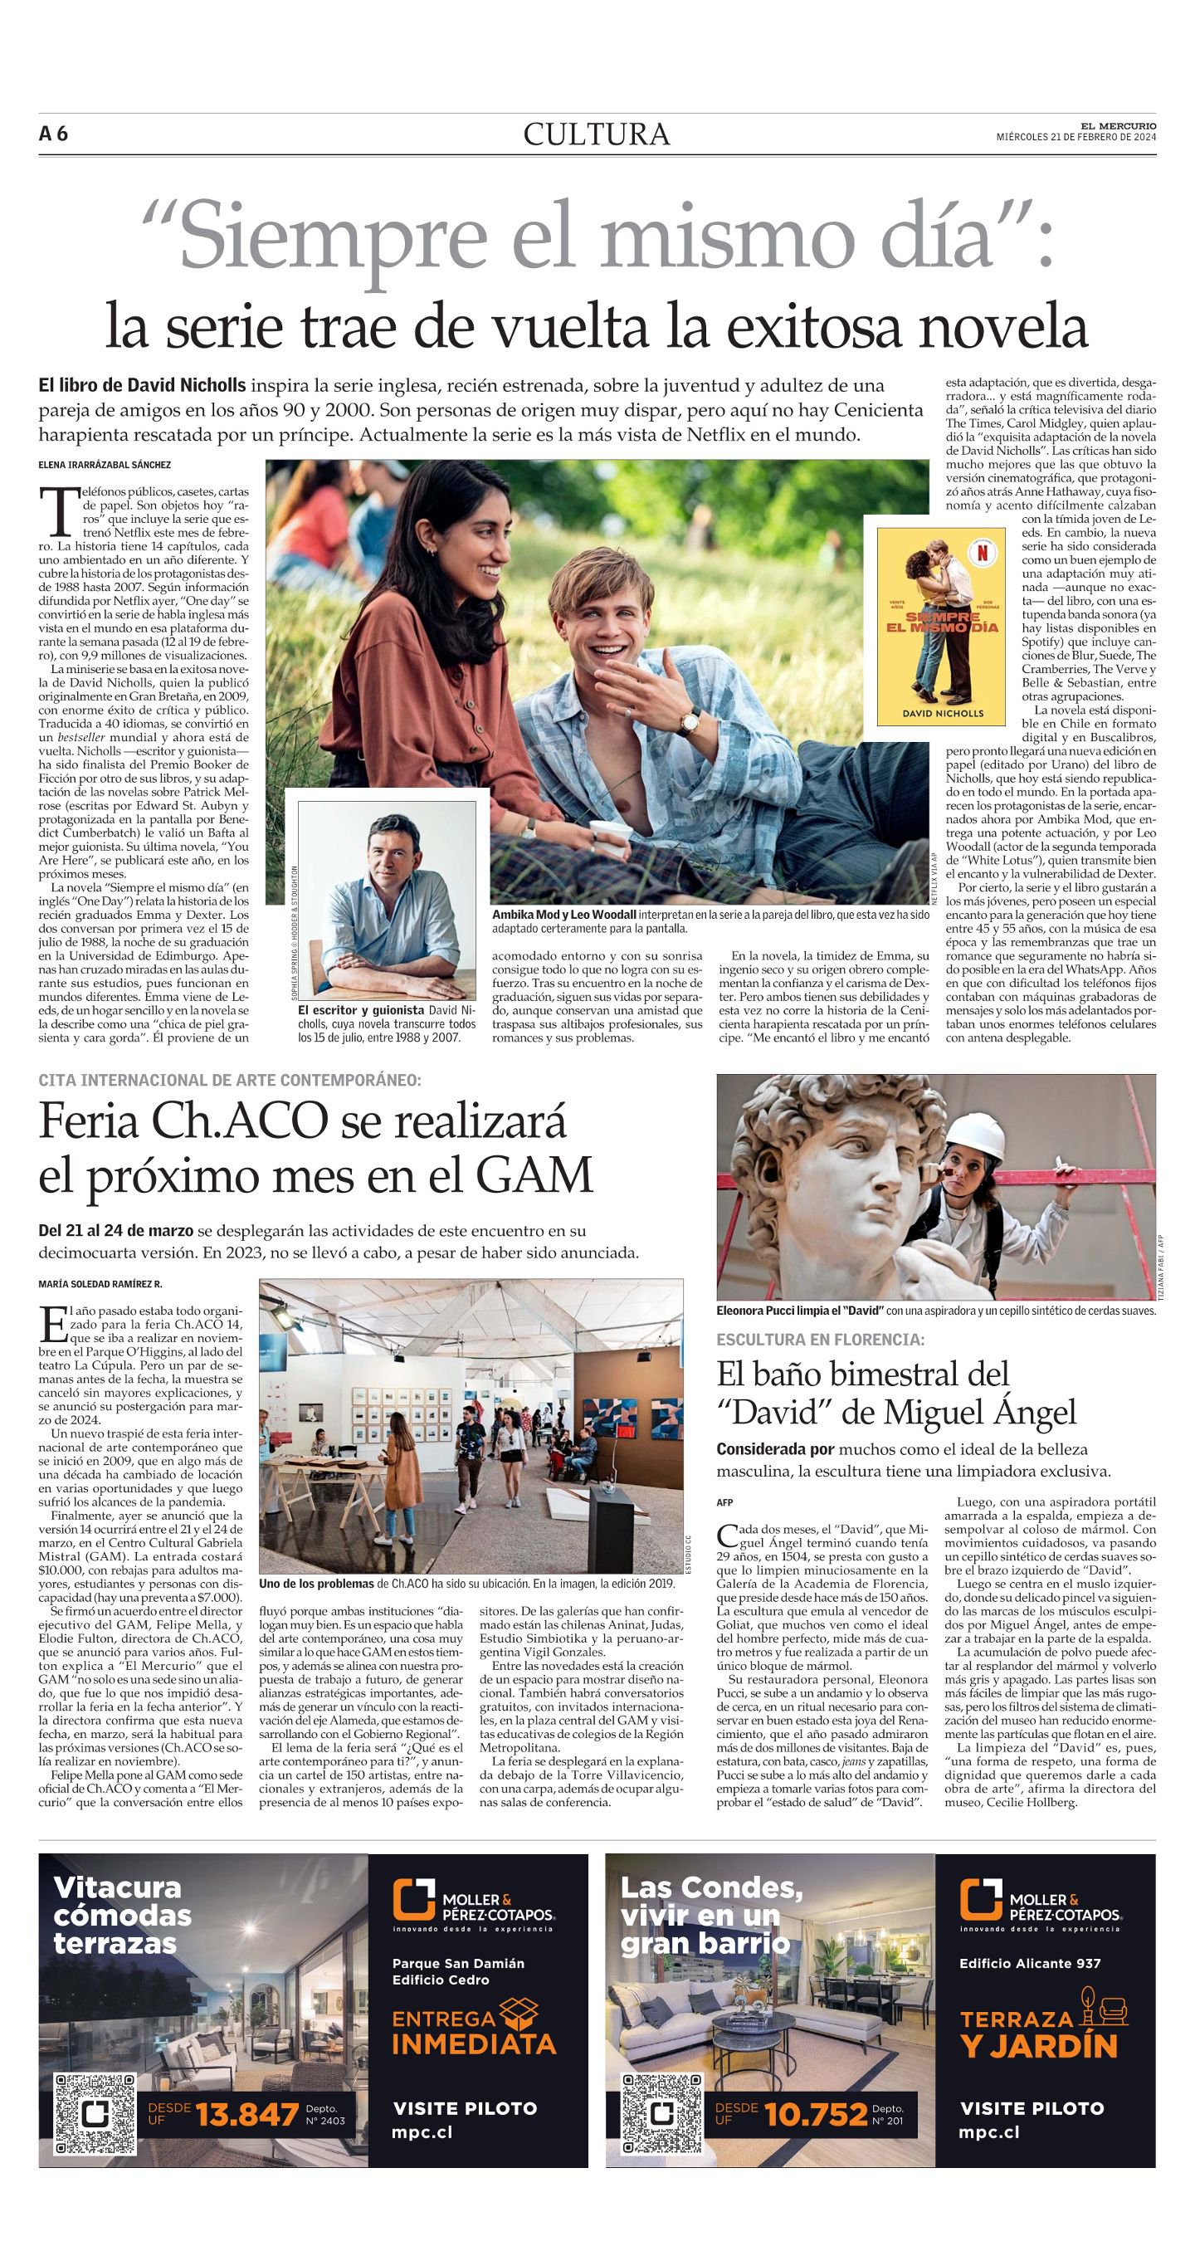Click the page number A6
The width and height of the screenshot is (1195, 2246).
coord(53,134)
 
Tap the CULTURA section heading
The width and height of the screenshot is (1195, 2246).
coord(597,134)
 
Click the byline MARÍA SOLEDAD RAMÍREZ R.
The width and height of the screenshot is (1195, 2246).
coord(100,1283)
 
